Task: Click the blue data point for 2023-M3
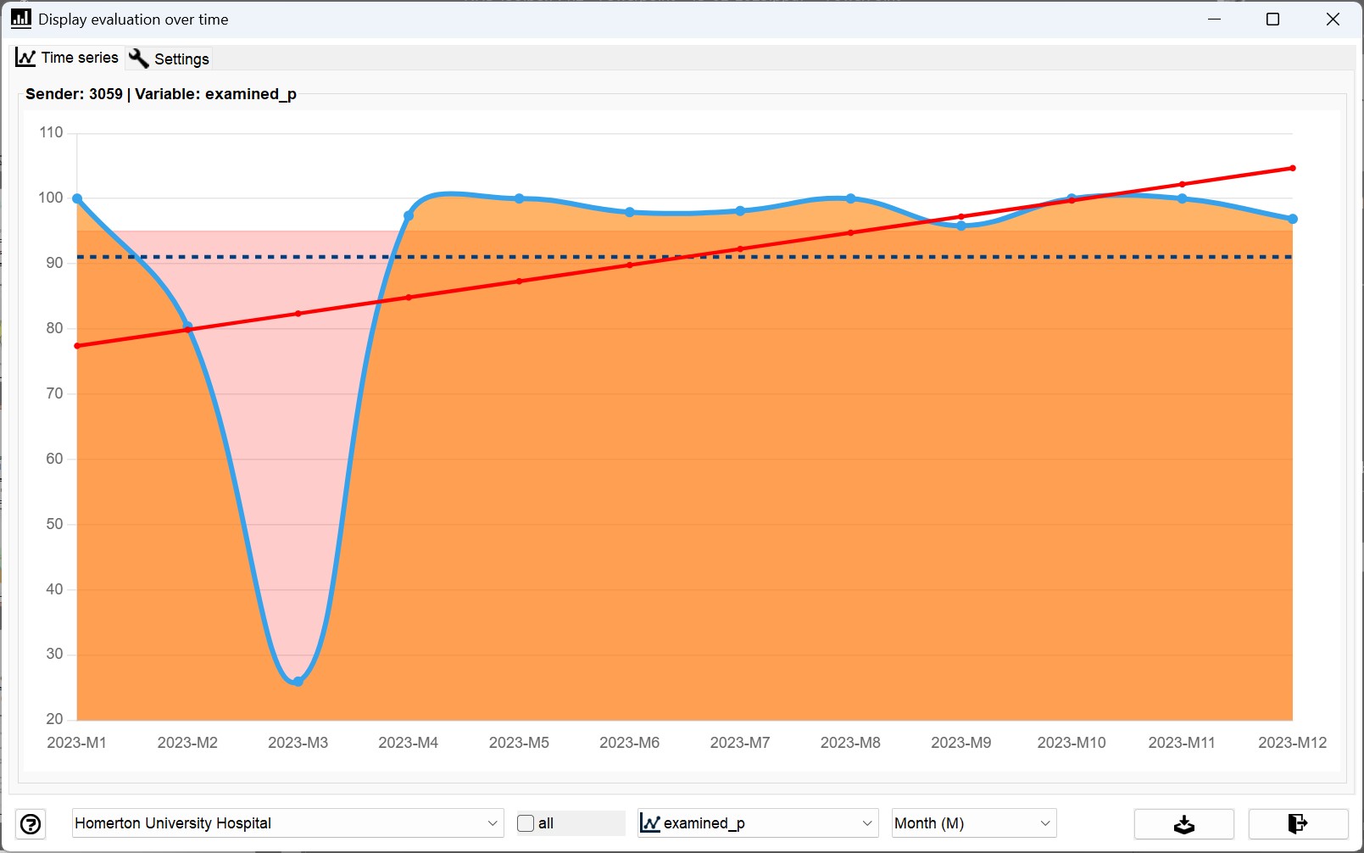coord(298,682)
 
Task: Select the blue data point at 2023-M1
coord(77,198)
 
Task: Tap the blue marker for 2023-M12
coord(1293,219)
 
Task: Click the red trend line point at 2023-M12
coord(1293,168)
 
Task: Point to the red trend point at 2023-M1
coord(77,346)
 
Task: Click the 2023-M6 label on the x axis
coord(630,743)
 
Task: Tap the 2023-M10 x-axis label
coord(1072,743)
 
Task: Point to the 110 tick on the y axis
coord(51,132)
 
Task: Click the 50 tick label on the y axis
coord(54,524)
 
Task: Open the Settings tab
coord(170,59)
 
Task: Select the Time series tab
coord(67,58)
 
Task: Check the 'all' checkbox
coord(526,823)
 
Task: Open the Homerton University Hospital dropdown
coord(287,823)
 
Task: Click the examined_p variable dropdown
coord(758,823)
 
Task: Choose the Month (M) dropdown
coord(974,823)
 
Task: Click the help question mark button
coord(31,824)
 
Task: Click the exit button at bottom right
coord(1298,824)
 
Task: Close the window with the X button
coord(1333,20)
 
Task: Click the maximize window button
coord(1272,20)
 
